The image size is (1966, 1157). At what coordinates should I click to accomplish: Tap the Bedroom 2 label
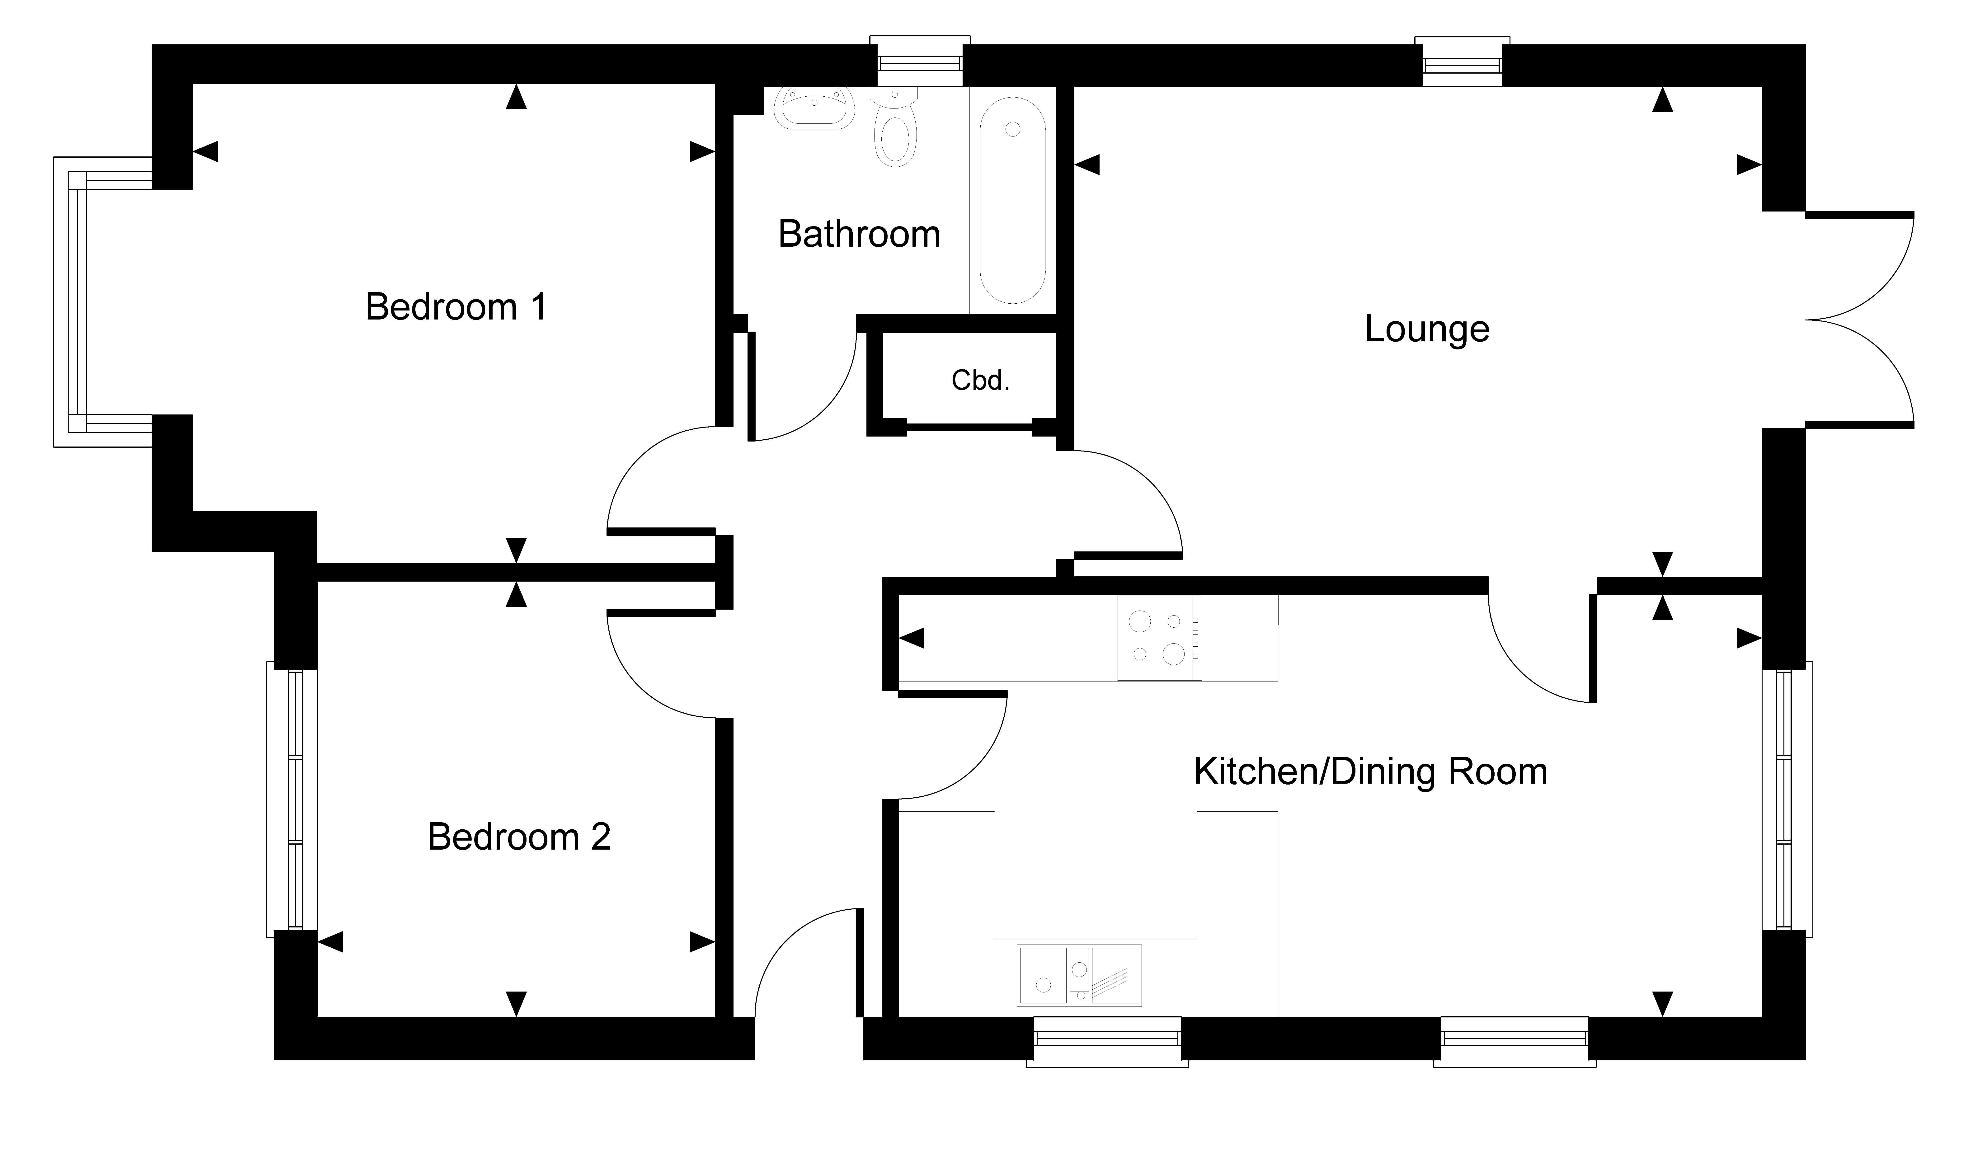pyautogui.click(x=519, y=837)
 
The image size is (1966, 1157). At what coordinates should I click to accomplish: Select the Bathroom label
pyautogui.click(x=859, y=234)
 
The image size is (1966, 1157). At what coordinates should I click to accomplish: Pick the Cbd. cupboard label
pyautogui.click(x=981, y=381)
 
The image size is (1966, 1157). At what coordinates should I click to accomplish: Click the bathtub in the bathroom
pyautogui.click(x=1013, y=201)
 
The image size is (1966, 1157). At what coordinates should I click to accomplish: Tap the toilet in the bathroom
pyautogui.click(x=895, y=127)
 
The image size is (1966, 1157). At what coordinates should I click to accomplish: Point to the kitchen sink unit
pyautogui.click(x=1079, y=975)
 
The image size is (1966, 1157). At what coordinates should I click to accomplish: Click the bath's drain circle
pyautogui.click(x=1013, y=129)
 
